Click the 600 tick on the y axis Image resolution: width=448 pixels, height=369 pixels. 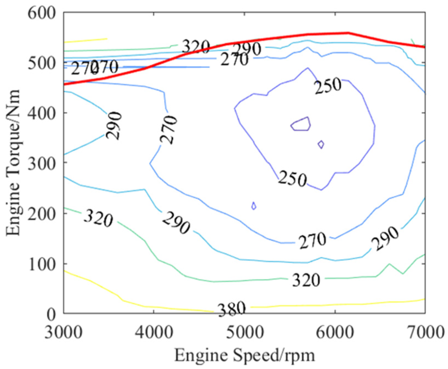pos(41,13)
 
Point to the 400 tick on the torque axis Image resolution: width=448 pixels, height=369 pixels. pos(41,113)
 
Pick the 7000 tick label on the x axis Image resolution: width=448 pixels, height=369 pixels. pos(425,332)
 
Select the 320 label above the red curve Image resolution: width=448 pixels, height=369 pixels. pos(196,47)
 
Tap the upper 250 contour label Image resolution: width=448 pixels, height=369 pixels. pos(328,86)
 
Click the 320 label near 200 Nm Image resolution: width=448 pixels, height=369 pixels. pos(98,218)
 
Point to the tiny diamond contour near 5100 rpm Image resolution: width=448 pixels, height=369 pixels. pos(254,206)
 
